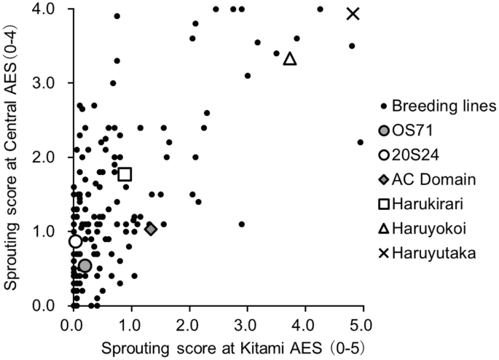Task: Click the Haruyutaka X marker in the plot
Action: (x=353, y=13)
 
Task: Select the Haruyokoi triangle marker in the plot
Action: (x=290, y=58)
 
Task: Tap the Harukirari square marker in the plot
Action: (x=125, y=173)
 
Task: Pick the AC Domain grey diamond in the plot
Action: (x=151, y=229)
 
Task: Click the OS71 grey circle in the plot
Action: (x=85, y=266)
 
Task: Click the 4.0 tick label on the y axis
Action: (x=50, y=9)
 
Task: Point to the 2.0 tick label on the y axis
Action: (x=50, y=157)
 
